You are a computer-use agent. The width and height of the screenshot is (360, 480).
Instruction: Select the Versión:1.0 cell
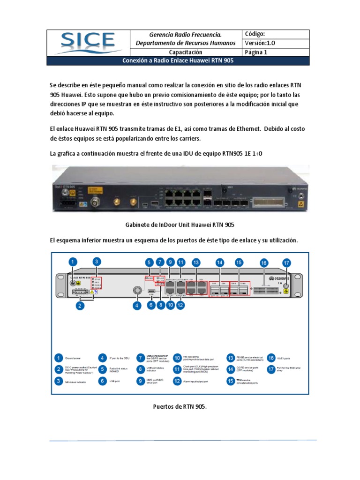(260, 43)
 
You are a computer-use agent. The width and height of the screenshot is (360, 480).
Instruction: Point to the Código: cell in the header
(255, 34)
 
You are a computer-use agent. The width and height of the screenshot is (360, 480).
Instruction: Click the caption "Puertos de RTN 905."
(180, 406)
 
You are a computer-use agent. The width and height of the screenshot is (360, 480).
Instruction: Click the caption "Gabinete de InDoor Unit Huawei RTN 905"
(180, 225)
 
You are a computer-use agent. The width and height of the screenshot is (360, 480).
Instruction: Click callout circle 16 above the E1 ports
(264, 263)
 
